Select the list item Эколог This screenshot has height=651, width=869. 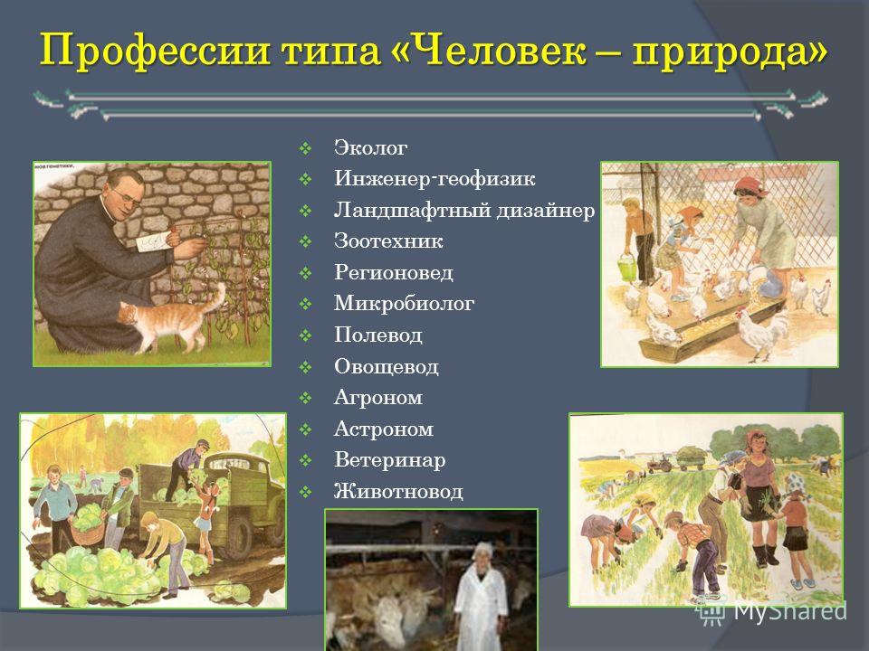370,147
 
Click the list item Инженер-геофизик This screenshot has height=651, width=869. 434,179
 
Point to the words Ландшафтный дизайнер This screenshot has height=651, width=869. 464,211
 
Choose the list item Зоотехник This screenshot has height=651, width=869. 388,241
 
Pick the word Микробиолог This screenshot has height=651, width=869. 404,304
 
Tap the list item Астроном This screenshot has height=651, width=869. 384,429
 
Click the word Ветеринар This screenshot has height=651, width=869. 389,460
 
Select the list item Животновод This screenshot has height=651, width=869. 398,492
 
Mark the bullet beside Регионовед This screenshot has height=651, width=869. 305,273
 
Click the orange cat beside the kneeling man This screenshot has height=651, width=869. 171,319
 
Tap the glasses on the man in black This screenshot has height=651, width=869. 127,196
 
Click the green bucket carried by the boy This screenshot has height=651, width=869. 626,268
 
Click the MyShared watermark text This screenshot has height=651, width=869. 790,611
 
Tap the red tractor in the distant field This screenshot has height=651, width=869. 660,464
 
